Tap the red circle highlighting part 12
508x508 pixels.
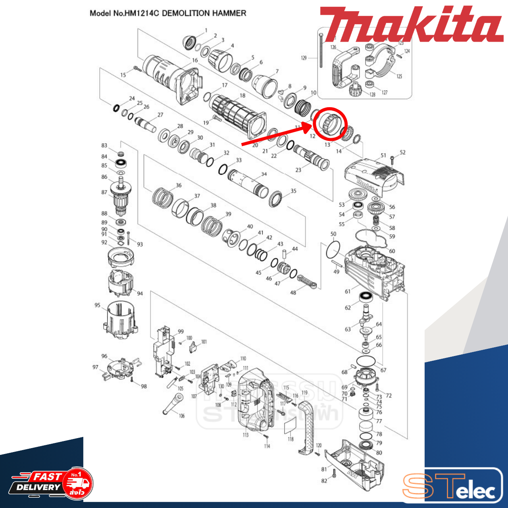[330, 123]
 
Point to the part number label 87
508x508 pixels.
[104, 192]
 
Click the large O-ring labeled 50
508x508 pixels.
[333, 250]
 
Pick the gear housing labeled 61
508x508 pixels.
[373, 270]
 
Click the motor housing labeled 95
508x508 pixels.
[119, 319]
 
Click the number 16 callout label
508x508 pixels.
[195, 60]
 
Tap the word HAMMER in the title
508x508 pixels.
[229, 13]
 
